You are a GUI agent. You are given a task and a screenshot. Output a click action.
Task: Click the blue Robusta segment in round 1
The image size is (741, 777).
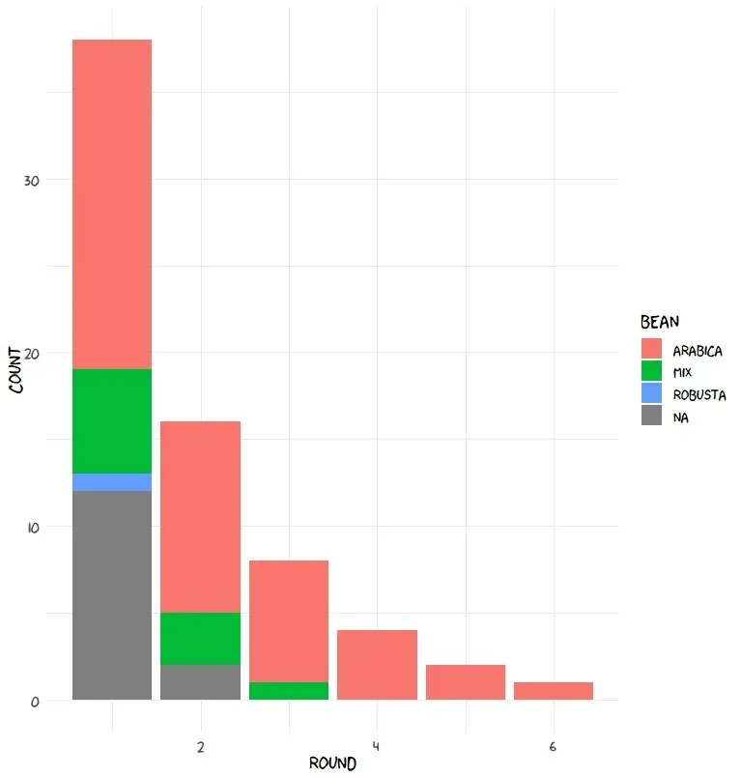click(x=112, y=482)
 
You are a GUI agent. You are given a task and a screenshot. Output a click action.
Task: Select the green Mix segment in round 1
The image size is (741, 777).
click(x=112, y=421)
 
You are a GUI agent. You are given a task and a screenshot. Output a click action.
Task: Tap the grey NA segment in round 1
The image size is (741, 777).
click(x=112, y=595)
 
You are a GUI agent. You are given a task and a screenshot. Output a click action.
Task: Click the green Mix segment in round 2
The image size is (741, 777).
click(x=200, y=639)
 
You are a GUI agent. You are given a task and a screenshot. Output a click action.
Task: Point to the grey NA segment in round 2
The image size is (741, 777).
click(x=200, y=682)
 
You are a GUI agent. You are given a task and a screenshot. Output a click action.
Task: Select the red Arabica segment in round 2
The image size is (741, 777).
click(x=200, y=517)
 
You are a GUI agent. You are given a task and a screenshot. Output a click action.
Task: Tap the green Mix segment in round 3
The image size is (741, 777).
click(x=289, y=691)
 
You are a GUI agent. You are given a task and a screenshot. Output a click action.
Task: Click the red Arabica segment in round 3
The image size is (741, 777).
click(x=289, y=621)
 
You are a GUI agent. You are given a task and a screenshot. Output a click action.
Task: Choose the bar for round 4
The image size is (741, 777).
click(x=377, y=665)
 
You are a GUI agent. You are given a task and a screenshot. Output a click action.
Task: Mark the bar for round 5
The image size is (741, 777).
click(x=466, y=682)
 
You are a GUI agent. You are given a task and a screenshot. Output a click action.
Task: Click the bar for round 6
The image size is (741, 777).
click(x=554, y=691)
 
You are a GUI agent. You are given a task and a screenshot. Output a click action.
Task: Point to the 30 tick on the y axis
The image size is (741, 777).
click(x=32, y=181)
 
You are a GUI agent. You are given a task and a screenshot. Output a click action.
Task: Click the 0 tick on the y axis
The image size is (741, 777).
click(x=36, y=702)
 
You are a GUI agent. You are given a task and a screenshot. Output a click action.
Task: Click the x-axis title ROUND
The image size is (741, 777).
click(x=332, y=763)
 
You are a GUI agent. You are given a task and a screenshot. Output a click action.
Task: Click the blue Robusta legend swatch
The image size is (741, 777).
click(x=652, y=394)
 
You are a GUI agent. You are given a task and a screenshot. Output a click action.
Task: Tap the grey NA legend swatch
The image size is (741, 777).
click(x=652, y=417)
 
